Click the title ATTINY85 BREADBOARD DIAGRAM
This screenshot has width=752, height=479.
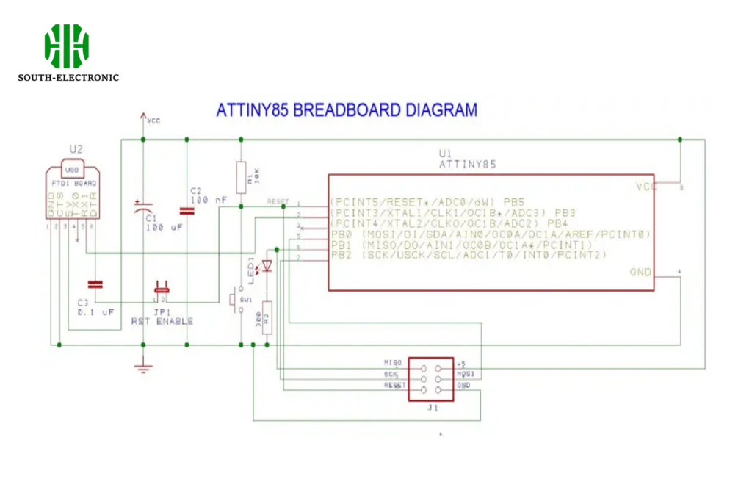click(x=346, y=110)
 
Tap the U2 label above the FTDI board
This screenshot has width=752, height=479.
click(x=76, y=150)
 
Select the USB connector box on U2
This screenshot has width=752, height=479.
click(x=72, y=170)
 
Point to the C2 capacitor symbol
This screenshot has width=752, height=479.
click(x=187, y=211)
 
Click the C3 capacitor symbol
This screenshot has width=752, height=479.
click(x=95, y=284)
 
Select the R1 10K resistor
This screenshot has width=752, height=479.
click(x=239, y=176)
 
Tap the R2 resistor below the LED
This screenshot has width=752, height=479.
click(x=267, y=317)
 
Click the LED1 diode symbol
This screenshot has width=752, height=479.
click(x=267, y=265)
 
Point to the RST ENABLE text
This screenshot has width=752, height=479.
click(x=162, y=321)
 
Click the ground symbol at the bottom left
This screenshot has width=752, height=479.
click(x=142, y=367)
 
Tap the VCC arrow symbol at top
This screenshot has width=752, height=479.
click(x=142, y=118)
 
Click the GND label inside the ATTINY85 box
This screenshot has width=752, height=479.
click(x=640, y=273)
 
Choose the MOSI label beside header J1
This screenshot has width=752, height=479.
click(x=467, y=374)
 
